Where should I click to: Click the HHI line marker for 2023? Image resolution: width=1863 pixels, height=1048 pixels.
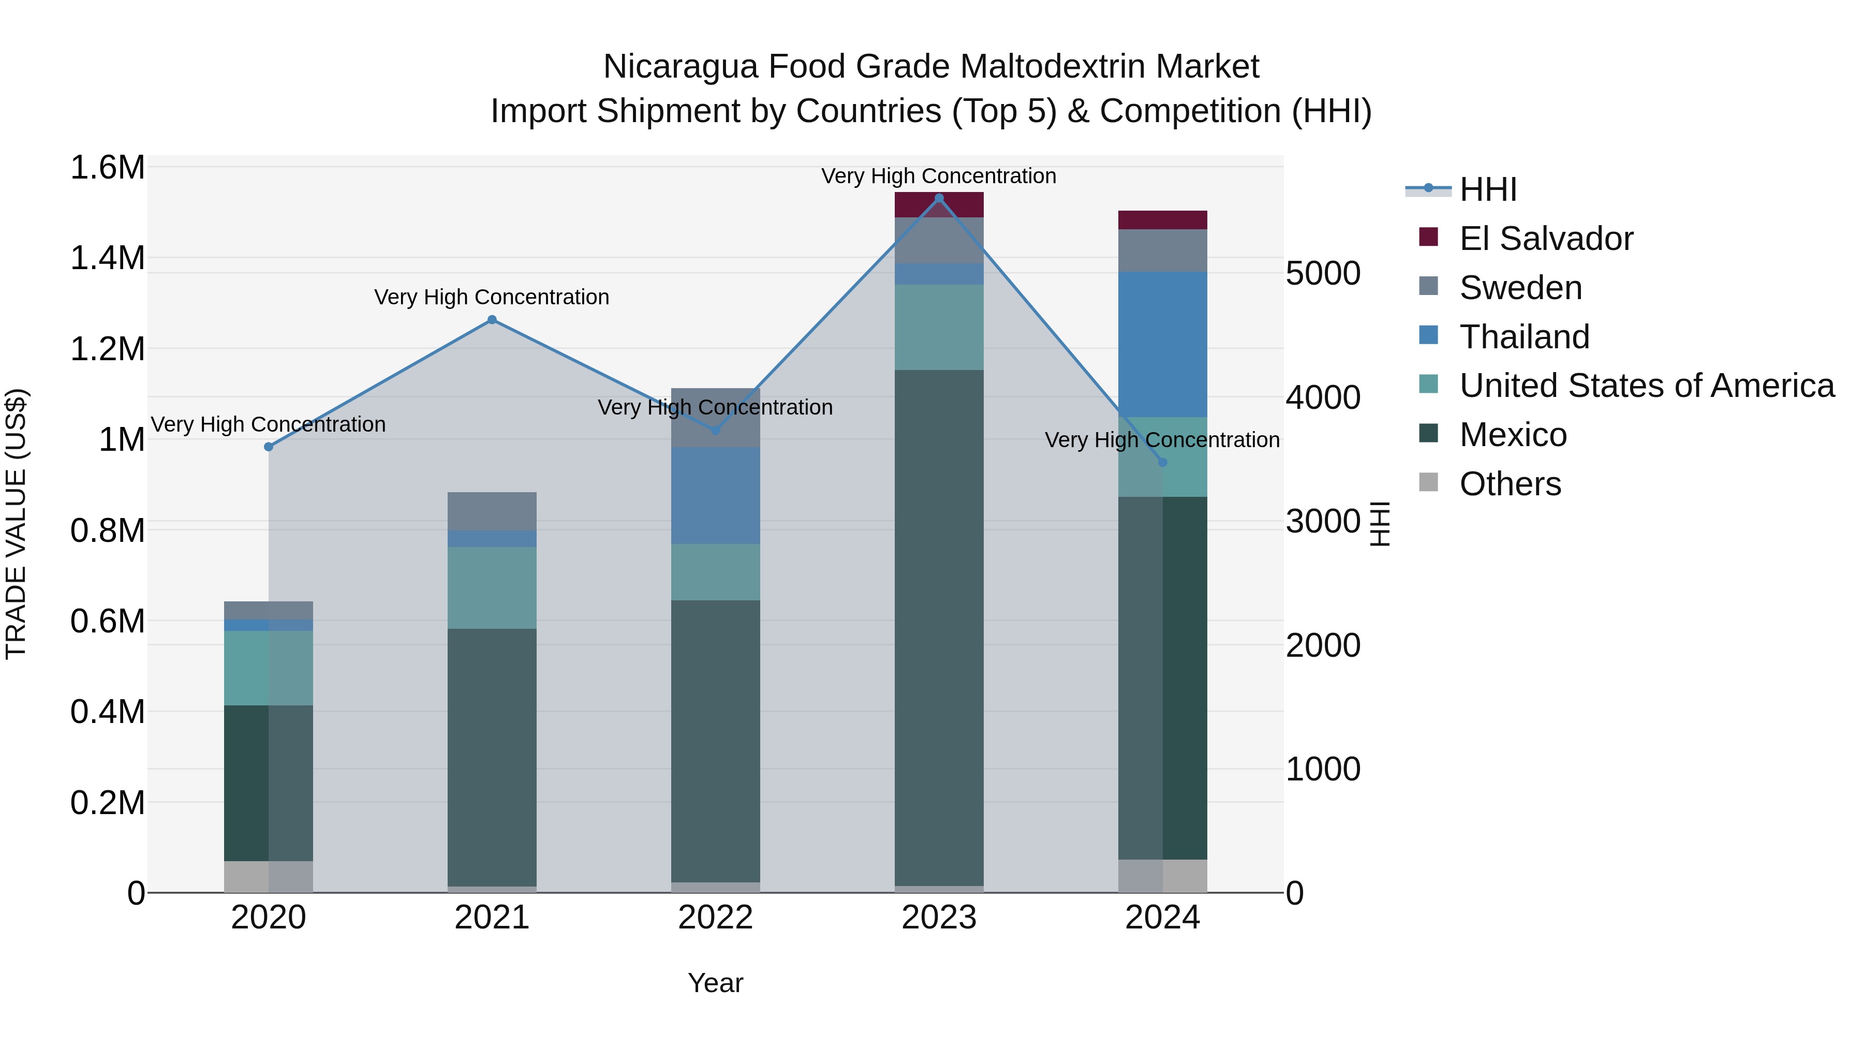(x=939, y=198)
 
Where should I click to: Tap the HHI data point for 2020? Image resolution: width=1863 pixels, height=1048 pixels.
(x=268, y=447)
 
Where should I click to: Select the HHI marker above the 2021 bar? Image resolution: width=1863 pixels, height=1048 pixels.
(x=492, y=320)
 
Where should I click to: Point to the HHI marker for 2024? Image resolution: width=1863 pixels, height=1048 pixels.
(x=1162, y=462)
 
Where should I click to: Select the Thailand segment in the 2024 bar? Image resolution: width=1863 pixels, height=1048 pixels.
(x=1162, y=344)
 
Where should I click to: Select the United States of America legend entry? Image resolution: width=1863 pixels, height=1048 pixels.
(x=1646, y=386)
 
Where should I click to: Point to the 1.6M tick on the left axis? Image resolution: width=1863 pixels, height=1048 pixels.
(x=108, y=168)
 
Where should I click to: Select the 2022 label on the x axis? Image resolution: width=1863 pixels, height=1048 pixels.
(x=715, y=918)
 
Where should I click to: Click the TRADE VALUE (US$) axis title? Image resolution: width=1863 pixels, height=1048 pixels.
(x=16, y=524)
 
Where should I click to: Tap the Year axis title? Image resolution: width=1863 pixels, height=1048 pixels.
(x=715, y=983)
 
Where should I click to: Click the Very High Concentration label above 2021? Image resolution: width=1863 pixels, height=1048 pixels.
(x=492, y=297)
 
